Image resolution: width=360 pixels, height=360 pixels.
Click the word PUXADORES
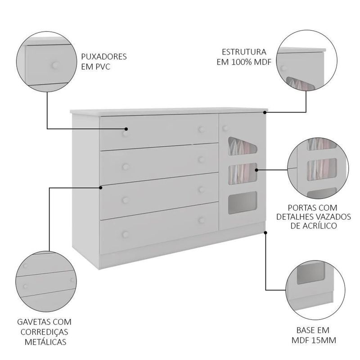(x=104, y=57)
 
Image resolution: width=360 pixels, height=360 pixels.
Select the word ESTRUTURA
(x=244, y=52)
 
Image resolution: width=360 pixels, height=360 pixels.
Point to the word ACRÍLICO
(x=314, y=226)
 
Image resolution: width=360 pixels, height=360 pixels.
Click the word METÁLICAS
(x=45, y=342)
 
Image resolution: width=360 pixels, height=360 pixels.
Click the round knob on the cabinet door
(x=225, y=128)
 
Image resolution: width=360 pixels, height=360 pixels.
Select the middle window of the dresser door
(x=243, y=174)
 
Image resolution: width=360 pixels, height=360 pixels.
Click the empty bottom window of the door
(x=243, y=202)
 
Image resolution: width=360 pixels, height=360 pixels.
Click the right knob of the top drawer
(x=202, y=130)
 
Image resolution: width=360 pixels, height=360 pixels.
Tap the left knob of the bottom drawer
(x=126, y=234)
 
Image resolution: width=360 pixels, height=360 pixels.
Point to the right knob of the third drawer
(x=202, y=189)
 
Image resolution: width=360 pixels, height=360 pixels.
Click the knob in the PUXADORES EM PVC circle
(x=55, y=65)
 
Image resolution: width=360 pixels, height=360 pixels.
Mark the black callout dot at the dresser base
(x=265, y=233)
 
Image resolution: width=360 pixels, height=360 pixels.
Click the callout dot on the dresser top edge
(x=265, y=112)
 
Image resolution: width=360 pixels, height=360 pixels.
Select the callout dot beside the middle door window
(x=256, y=170)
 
